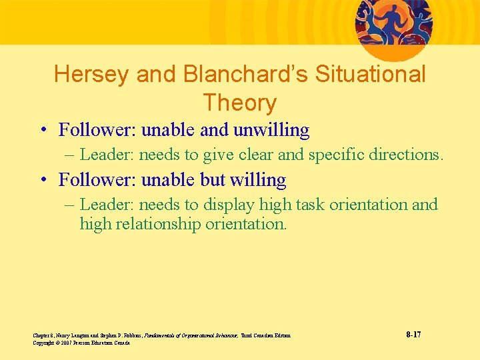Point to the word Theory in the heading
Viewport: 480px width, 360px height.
click(239, 103)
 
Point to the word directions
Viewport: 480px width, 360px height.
click(409, 155)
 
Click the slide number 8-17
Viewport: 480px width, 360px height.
click(413, 334)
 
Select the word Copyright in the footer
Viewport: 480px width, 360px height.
click(43, 343)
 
